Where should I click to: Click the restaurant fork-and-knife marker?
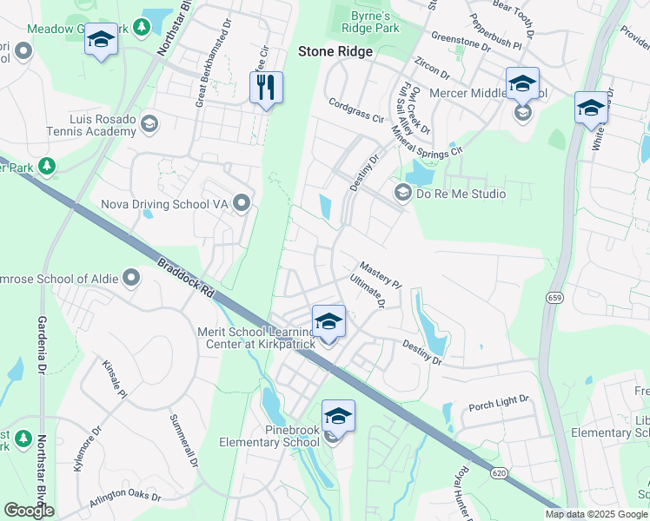(x=266, y=88)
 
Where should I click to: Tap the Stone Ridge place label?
(x=335, y=51)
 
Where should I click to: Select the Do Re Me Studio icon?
(x=403, y=193)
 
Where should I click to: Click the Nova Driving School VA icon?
(x=242, y=203)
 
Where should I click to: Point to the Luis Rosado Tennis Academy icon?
(x=149, y=123)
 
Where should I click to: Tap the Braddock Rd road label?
(x=185, y=278)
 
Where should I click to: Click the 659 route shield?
(x=554, y=298)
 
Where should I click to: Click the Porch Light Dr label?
(x=499, y=401)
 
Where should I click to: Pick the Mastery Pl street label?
(x=381, y=275)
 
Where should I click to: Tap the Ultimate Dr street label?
(x=368, y=292)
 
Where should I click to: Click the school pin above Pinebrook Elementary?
(x=338, y=416)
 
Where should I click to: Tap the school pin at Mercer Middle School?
(x=522, y=84)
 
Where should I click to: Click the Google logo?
(x=29, y=511)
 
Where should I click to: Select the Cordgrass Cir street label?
(x=356, y=109)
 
